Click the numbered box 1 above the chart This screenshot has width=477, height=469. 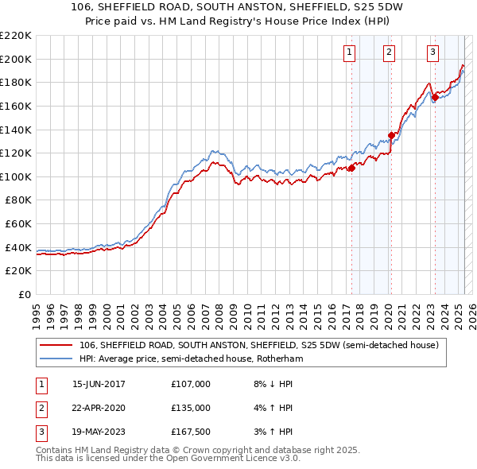[x=350, y=53]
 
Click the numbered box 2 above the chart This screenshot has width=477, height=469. [x=390, y=53]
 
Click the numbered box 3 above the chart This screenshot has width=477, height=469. [x=432, y=53]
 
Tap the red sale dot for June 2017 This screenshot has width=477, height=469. [x=351, y=168]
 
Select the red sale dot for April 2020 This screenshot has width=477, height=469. [x=391, y=135]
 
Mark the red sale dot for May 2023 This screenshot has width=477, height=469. [x=435, y=97]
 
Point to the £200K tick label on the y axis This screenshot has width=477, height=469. [x=16, y=59]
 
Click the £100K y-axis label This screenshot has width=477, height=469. [x=16, y=176]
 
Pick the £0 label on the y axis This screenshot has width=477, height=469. [x=25, y=294]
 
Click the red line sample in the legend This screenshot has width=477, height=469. [x=56, y=345]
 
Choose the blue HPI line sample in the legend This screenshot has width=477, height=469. [x=56, y=359]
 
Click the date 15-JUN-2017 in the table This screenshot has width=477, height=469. [x=99, y=384]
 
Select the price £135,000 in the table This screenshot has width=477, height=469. [x=191, y=408]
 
